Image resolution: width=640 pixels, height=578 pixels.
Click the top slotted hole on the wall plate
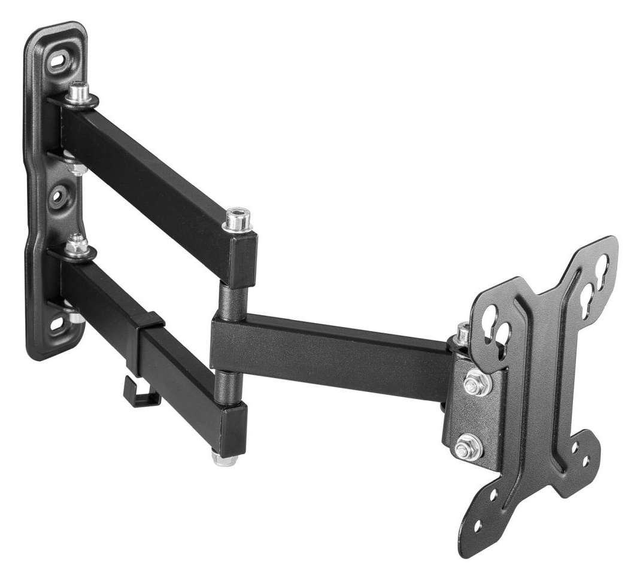59,61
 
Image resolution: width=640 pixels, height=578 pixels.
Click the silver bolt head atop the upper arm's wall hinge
78,93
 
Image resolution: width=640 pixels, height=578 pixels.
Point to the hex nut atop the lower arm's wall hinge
77,245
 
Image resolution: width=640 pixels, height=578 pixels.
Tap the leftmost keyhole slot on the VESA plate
492,315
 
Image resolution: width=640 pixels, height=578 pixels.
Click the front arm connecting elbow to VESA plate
335,353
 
